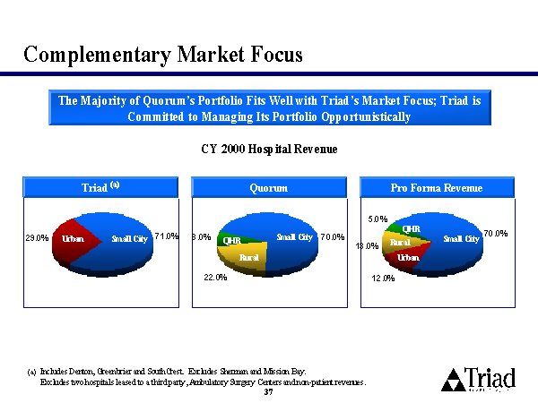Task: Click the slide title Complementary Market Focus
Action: pos(163,55)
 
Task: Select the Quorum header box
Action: pos(269,187)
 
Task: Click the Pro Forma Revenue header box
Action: pos(437,187)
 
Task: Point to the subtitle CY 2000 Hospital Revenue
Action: pos(269,149)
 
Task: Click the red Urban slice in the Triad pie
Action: pos(72,240)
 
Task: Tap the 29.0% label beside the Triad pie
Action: pos(36,238)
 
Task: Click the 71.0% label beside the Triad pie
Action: pos(167,236)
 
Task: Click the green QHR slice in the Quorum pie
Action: pos(231,240)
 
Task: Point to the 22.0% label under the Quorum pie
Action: pos(215,277)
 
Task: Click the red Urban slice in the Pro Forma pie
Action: pos(408,258)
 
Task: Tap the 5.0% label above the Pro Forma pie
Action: pos(378,218)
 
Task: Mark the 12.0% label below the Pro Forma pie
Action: pos(383,279)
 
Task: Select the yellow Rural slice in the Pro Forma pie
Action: pos(400,243)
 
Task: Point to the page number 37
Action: pos(269,391)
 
